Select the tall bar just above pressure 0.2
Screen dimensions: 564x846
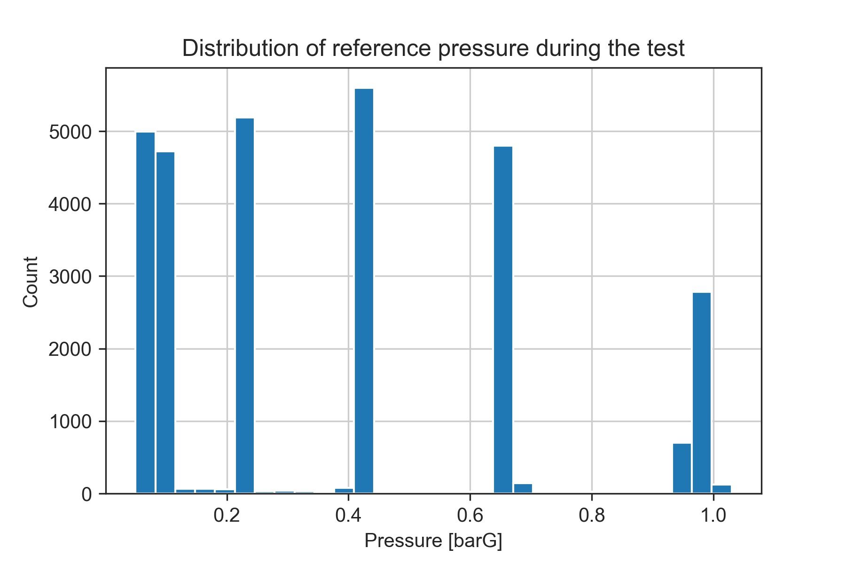[245, 305]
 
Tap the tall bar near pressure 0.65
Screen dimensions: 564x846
[503, 320]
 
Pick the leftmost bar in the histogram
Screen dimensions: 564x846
[145, 313]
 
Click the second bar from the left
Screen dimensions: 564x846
[165, 322]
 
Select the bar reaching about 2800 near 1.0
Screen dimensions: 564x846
[701, 393]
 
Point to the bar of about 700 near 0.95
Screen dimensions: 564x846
[681, 468]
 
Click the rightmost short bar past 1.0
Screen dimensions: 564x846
[721, 489]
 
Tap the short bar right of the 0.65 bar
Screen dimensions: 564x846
[523, 488]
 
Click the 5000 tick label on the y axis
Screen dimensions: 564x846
[70, 133]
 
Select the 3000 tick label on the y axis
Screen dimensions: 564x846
[70, 277]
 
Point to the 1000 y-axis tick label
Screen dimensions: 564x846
[70, 422]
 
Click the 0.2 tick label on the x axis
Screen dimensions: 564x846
[227, 516]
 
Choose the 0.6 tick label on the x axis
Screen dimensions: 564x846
[470, 516]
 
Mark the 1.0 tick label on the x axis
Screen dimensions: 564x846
[713, 516]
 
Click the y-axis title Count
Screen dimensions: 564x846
[31, 282]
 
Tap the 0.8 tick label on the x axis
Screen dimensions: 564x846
[591, 516]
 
